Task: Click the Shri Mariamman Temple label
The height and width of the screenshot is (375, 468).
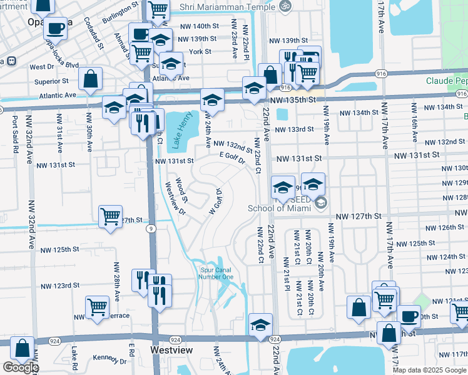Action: tap(227, 6)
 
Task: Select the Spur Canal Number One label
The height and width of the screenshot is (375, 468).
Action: tap(216, 273)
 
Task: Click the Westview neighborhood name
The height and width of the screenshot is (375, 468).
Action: tap(171, 351)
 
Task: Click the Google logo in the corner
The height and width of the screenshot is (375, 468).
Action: tap(20, 367)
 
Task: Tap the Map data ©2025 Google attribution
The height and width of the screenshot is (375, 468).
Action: tap(429, 370)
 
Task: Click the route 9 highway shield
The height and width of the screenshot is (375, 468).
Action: tap(152, 229)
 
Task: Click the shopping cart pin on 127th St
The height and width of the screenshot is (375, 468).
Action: tap(111, 216)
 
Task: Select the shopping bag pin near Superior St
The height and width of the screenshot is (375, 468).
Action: tap(91, 79)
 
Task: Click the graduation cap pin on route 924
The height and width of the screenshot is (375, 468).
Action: tap(260, 324)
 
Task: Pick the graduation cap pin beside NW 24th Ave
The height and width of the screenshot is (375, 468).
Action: tap(212, 101)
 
